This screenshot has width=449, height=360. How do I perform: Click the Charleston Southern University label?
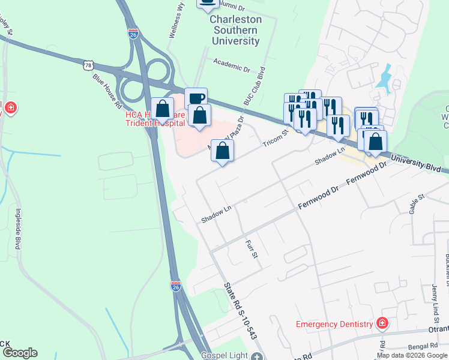point(235,30)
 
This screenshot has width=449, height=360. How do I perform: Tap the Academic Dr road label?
point(232,65)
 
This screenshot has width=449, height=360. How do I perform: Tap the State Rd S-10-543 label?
point(240,311)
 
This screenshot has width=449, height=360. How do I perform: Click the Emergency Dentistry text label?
point(334,325)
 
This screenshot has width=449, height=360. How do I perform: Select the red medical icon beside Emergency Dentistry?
point(382,324)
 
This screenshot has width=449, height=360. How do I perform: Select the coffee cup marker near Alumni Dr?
point(208,4)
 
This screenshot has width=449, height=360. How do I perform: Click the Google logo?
point(19,353)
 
